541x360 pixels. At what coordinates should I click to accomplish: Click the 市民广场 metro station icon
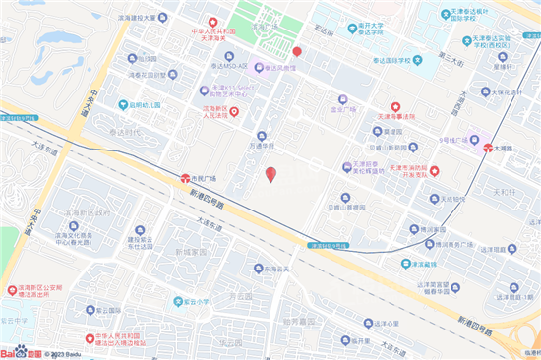[184, 178]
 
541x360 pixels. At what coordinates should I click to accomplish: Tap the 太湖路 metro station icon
[489, 148]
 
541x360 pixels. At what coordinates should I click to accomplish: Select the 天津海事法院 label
[391, 115]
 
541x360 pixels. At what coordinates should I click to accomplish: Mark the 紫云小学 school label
[196, 303]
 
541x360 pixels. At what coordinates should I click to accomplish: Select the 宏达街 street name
[325, 32]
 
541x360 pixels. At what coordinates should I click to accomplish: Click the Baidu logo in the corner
[21, 351]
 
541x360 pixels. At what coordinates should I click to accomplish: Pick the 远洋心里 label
[388, 322]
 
